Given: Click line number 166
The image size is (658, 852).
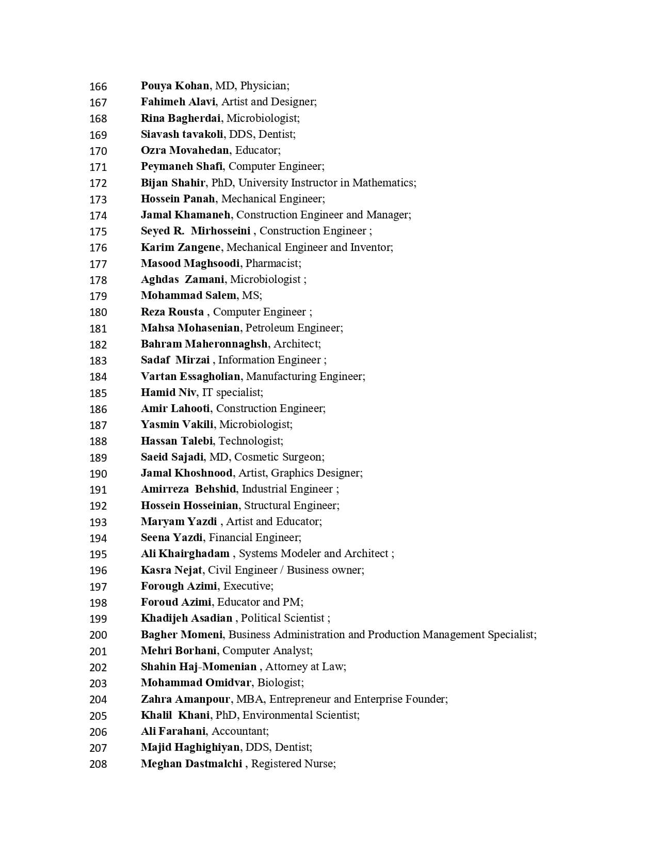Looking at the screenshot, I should tap(98, 86).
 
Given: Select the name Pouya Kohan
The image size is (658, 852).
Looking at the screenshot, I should tap(175, 86).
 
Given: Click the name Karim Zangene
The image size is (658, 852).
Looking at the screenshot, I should tap(180, 247).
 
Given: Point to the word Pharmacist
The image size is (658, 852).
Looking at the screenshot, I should tap(272, 263).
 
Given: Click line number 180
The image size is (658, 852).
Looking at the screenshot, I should tap(98, 312).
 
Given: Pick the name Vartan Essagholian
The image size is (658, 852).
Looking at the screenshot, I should tap(190, 376).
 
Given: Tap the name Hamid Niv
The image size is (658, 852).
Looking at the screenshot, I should tap(168, 392).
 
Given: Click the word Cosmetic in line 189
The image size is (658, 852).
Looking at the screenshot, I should tap(255, 456).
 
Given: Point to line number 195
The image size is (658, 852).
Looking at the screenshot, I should tap(98, 554).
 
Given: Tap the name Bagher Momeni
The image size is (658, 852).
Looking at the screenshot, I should tap(182, 634).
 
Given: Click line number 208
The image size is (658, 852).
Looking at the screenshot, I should tap(98, 764).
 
